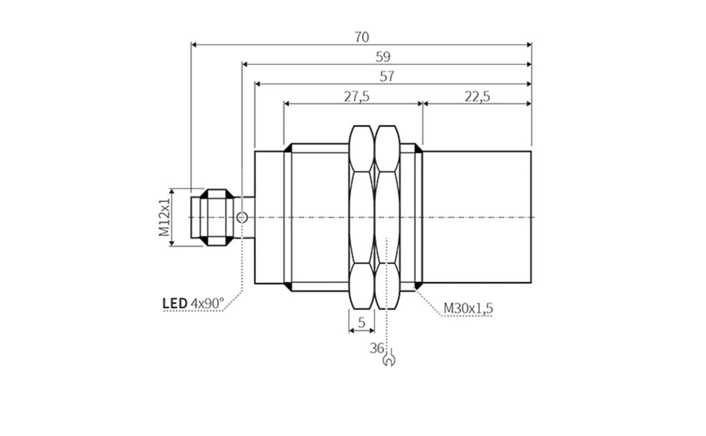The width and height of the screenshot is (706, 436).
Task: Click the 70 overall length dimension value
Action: pos(362,37)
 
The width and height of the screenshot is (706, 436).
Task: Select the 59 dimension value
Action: pos(383,56)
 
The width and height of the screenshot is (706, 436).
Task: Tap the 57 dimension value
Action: pos(387,76)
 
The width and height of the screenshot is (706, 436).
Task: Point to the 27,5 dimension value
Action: pos(357,96)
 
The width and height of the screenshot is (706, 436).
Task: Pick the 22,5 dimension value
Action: pos(477,96)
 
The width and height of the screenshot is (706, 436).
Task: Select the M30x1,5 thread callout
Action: pos(468,308)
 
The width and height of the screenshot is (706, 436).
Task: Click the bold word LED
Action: pos(174,304)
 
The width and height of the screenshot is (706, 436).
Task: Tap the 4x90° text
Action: pos(208,304)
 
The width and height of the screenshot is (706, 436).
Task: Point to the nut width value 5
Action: pos(362,322)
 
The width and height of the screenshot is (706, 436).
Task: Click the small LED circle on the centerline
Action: pos(241,218)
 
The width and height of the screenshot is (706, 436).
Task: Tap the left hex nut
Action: pos(362,217)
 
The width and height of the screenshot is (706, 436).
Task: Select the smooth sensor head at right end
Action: pos(477,217)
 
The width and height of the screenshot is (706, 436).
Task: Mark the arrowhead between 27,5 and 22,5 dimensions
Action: pos(422,104)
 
